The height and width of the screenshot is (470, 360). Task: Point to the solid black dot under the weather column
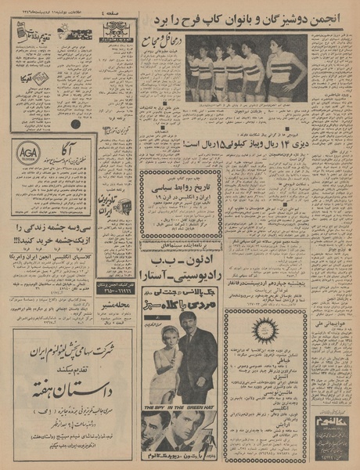pos(75,123)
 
